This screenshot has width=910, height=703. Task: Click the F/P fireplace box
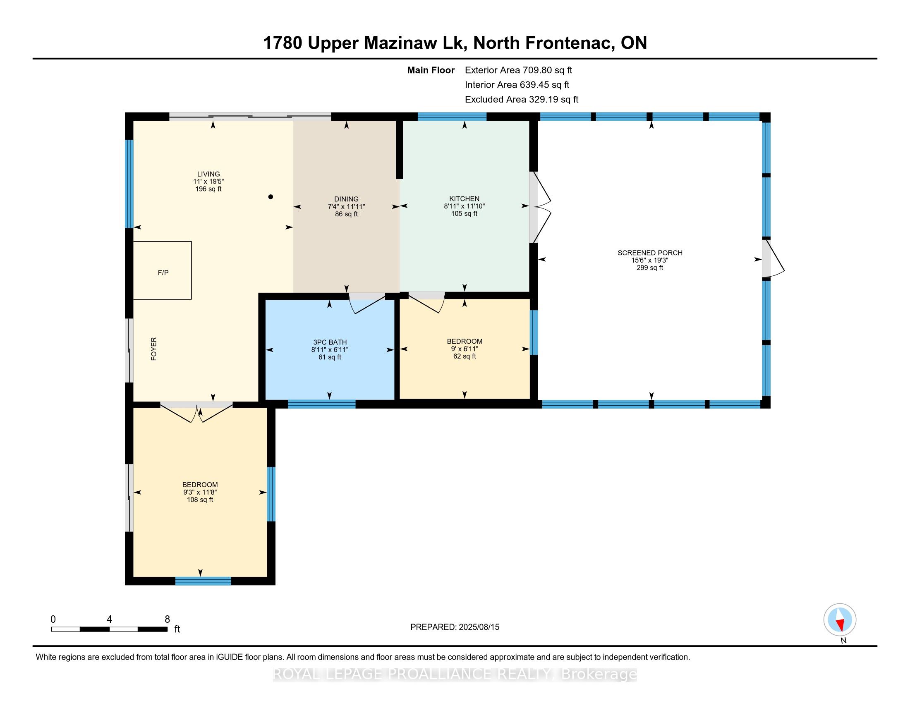tap(162, 270)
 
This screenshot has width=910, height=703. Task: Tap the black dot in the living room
tap(271, 196)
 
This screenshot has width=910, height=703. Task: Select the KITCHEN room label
tap(464, 198)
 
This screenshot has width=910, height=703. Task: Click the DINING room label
tap(346, 199)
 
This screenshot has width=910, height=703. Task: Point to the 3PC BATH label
tap(330, 342)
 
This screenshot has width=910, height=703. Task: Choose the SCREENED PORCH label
tap(650, 253)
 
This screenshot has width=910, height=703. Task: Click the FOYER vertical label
tap(154, 349)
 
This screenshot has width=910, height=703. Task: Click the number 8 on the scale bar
tap(167, 619)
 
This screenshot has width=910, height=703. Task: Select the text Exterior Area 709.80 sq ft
tap(518, 70)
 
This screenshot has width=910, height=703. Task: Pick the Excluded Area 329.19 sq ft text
tap(522, 100)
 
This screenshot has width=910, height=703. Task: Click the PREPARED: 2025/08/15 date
tap(455, 627)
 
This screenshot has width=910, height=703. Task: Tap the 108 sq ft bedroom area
tap(200, 500)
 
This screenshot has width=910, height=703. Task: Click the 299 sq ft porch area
tap(650, 268)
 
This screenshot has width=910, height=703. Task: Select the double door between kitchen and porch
tap(541, 207)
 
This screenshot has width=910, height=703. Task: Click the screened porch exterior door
tap(773, 258)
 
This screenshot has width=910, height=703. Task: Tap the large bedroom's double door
tap(196, 412)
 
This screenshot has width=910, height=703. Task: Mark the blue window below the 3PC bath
tap(322, 404)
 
